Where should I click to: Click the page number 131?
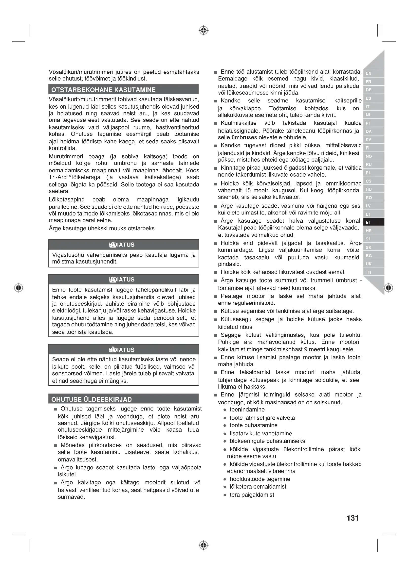click(x=352, y=518)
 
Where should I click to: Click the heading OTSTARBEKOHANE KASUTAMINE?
click(x=103, y=90)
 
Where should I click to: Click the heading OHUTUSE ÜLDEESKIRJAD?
click(x=92, y=399)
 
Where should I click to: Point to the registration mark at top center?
click(x=204, y=30)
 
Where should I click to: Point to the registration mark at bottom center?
click(x=204, y=545)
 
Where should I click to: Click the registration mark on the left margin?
click(x=19, y=287)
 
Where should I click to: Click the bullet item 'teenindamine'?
click(x=247, y=410)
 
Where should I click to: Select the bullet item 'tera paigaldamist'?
click(x=252, y=495)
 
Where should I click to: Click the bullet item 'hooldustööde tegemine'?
click(x=260, y=479)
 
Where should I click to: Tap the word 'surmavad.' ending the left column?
click(x=71, y=497)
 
